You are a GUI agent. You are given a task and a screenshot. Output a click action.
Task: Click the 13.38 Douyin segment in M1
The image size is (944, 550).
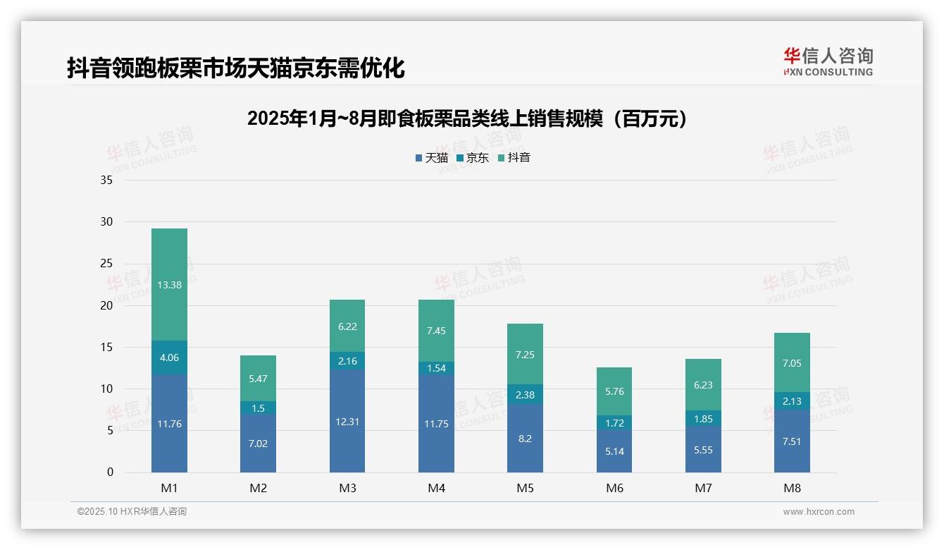pyautogui.click(x=169, y=284)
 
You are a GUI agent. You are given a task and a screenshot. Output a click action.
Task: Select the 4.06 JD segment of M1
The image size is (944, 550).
pyautogui.click(x=169, y=357)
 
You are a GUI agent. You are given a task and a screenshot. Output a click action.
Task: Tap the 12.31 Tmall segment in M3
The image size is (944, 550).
pyautogui.click(x=347, y=421)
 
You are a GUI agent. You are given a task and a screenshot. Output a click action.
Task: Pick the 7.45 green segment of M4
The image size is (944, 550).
pyautogui.click(x=436, y=331)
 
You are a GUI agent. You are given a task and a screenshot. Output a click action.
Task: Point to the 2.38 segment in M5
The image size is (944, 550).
pyautogui.click(x=525, y=395)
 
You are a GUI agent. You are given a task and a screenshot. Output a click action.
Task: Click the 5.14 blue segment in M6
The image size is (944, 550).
pyautogui.click(x=614, y=451)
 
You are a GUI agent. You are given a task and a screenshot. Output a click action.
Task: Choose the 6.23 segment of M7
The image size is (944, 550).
pyautogui.click(x=703, y=385)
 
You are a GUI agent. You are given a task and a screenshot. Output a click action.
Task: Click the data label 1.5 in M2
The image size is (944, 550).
pyautogui.click(x=259, y=408)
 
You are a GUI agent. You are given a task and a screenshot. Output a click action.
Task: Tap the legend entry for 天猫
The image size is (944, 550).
pyautogui.click(x=431, y=158)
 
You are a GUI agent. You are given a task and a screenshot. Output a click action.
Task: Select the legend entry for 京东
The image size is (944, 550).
pyautogui.click(x=473, y=158)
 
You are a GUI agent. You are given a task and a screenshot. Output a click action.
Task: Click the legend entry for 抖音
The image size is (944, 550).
pyautogui.click(x=514, y=158)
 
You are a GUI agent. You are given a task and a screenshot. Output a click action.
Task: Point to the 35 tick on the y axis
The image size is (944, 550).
pyautogui.click(x=106, y=181)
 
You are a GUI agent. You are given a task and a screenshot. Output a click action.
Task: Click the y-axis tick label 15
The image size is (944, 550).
pyautogui.click(x=106, y=347)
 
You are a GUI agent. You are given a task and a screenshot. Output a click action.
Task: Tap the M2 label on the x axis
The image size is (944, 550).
pyautogui.click(x=259, y=488)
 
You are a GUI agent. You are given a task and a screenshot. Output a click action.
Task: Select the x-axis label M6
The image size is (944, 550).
pyautogui.click(x=614, y=488)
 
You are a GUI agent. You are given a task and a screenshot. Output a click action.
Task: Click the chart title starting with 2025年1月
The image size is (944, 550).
pyautogui.click(x=467, y=119)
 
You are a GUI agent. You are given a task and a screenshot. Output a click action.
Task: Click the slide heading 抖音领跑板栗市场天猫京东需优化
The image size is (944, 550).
pyautogui.click(x=235, y=68)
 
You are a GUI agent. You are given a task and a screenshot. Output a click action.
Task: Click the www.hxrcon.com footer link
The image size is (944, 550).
pyautogui.click(x=819, y=512)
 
